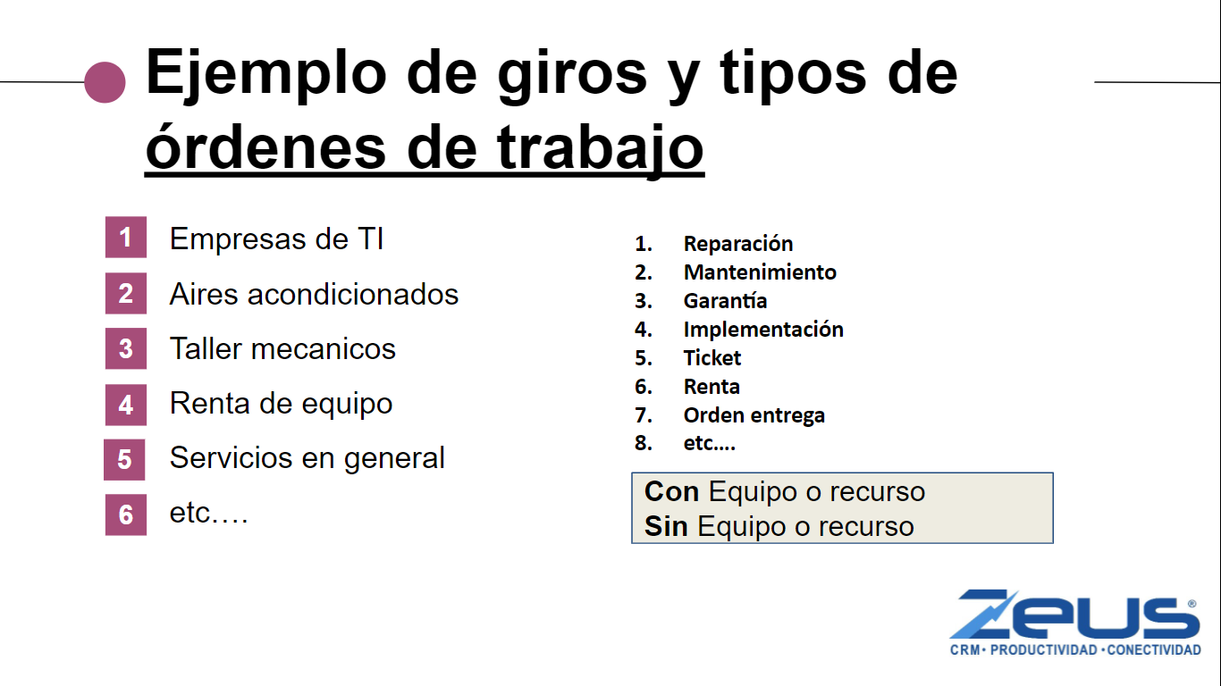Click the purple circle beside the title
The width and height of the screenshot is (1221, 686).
[x=105, y=82]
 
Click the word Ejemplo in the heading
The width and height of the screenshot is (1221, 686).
[x=266, y=75]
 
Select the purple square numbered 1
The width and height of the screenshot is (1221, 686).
[x=126, y=237]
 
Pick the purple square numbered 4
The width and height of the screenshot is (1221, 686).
[x=126, y=405]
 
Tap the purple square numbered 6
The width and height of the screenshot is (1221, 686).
[x=126, y=514]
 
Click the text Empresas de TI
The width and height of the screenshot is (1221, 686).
[x=276, y=238]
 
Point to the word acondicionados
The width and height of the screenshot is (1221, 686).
[x=353, y=294]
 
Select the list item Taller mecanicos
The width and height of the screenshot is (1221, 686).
[x=282, y=348]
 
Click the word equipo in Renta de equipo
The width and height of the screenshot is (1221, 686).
[x=347, y=406]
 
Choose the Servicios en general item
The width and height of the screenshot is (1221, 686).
[x=307, y=458]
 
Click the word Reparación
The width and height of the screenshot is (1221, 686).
[x=738, y=244]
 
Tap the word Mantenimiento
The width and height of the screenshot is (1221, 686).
[x=760, y=272]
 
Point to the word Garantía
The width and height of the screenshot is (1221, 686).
[x=725, y=301]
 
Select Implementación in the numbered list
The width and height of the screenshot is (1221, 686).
[x=763, y=330]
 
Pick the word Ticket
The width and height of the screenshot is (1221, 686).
[x=712, y=358]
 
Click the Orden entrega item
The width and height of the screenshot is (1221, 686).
[x=754, y=415]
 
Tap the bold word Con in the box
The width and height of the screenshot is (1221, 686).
[x=671, y=491]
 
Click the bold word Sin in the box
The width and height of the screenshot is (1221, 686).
[x=666, y=526]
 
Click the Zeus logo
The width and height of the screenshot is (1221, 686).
[x=1075, y=623]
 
